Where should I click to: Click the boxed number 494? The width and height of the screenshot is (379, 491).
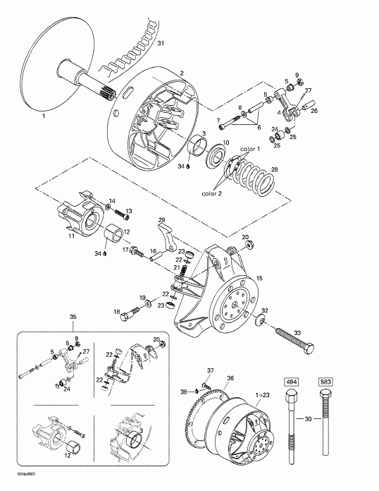(291, 382)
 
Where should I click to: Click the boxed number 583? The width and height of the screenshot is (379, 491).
(325, 382)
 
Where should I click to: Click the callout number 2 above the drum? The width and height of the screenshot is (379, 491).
(182, 73)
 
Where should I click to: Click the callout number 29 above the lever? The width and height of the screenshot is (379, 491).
(161, 220)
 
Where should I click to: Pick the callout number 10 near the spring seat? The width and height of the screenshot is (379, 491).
(226, 143)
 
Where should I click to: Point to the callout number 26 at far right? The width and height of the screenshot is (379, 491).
(314, 109)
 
